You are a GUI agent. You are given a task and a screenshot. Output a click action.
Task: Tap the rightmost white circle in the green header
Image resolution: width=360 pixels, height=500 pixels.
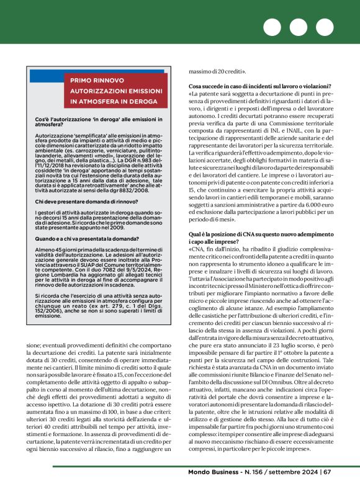325,28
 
